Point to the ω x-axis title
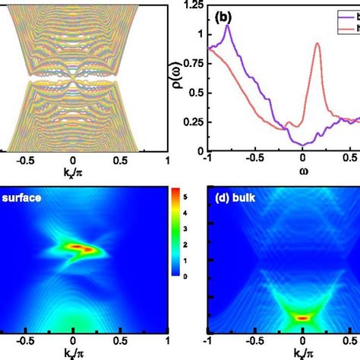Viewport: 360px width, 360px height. [x=280, y=171]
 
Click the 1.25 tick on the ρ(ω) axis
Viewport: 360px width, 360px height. [x=194, y=6]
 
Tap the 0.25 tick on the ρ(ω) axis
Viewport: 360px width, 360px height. [x=194, y=122]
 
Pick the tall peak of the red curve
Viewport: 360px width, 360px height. [x=317, y=44]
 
